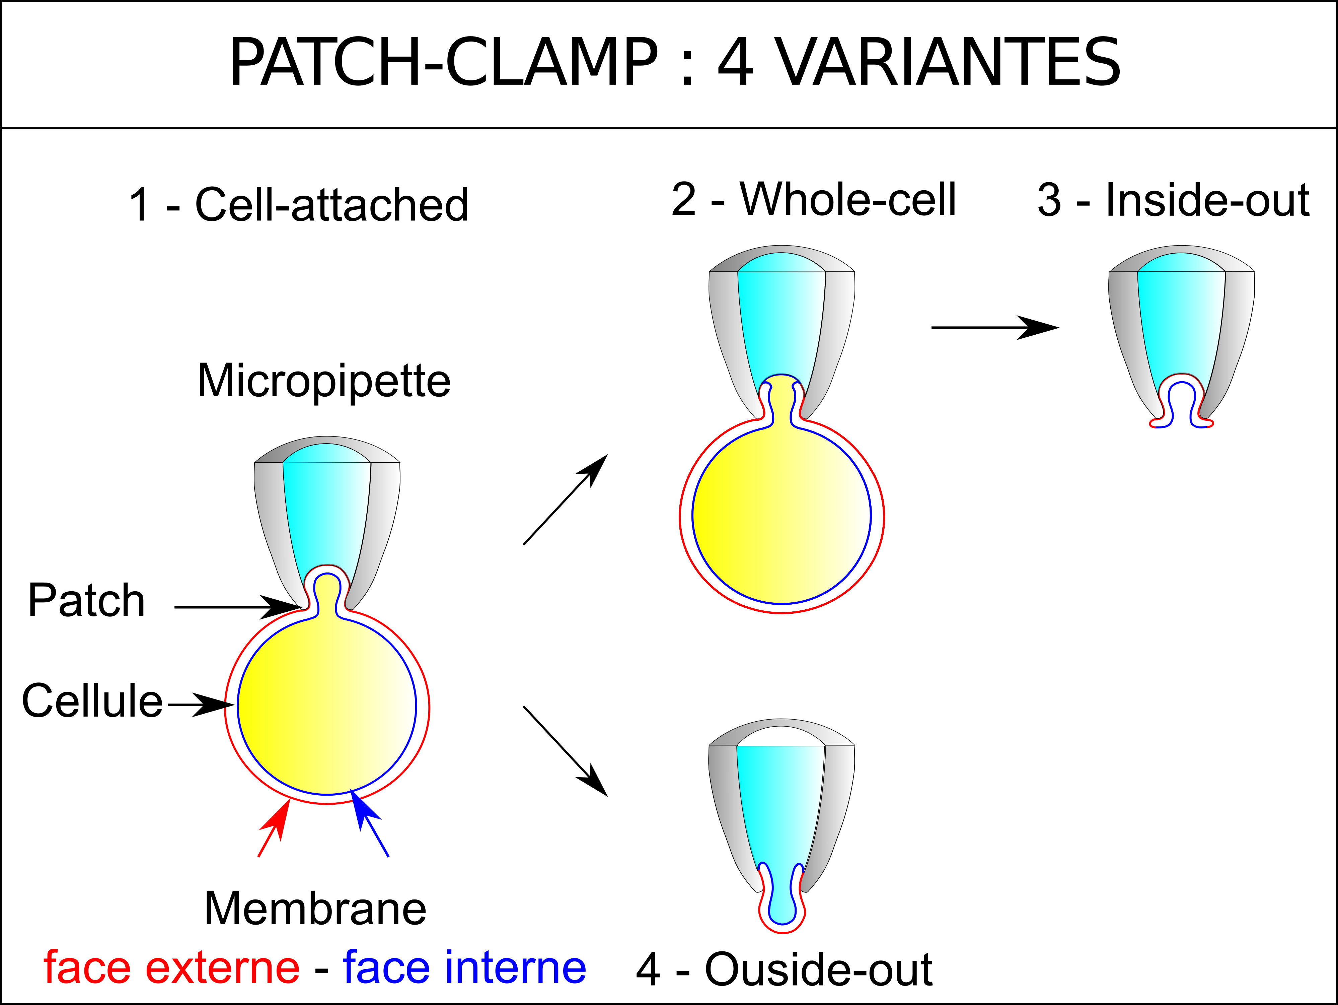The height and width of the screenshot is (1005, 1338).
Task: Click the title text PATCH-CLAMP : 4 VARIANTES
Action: (674, 62)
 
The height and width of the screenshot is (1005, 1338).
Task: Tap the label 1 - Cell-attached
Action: (299, 204)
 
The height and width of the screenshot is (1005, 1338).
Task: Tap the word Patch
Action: (86, 600)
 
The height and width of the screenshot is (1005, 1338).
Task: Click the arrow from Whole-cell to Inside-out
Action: (995, 327)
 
